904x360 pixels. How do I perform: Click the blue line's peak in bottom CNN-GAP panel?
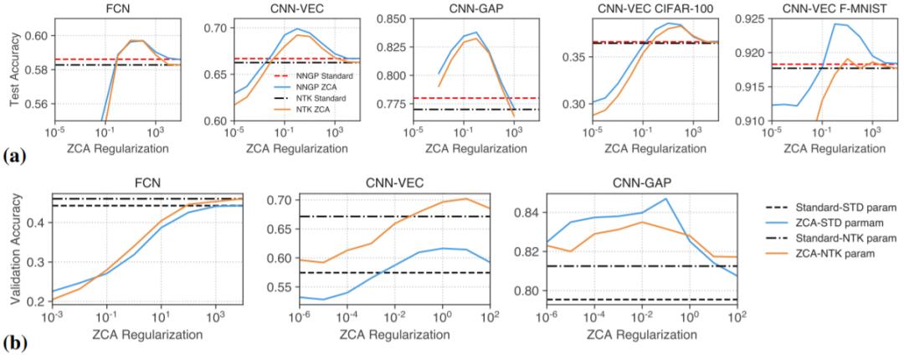[x=664, y=198]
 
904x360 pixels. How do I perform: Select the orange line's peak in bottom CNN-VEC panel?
[x=466, y=198]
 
